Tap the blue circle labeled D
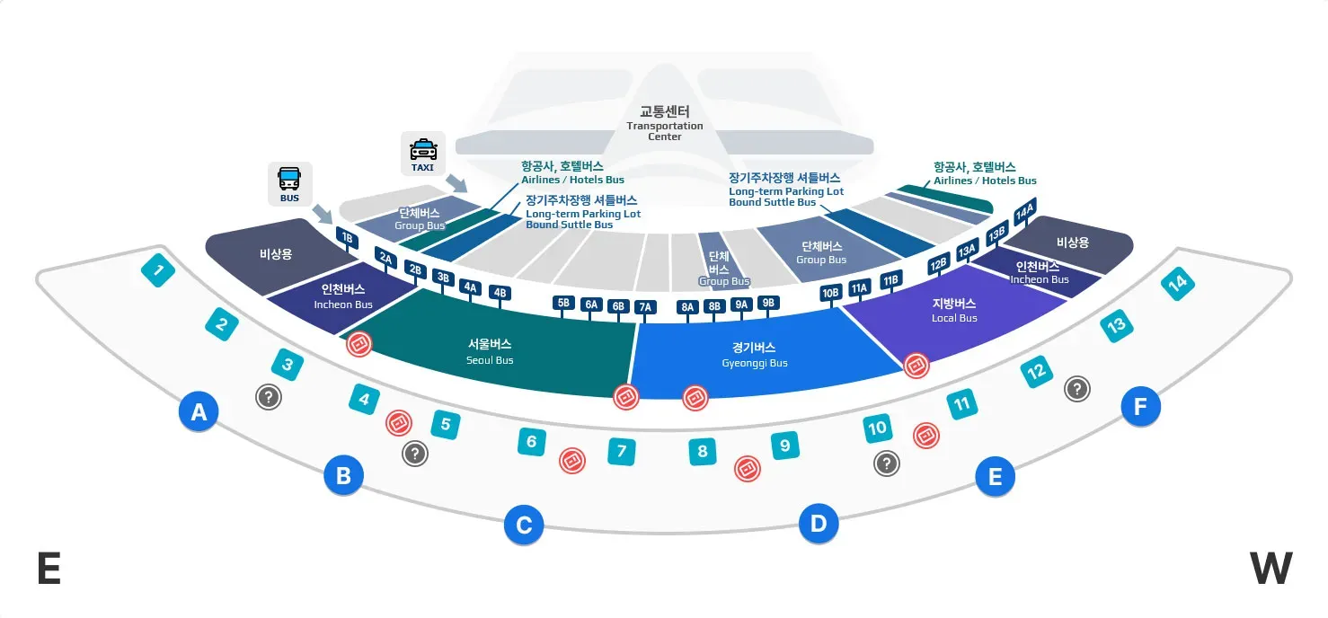819,523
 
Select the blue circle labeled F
1140,407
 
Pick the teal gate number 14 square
1177,283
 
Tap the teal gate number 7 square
621,451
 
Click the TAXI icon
422,154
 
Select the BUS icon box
289,183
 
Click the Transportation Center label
665,124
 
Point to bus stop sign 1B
346,237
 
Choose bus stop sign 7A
644,307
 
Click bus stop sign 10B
830,293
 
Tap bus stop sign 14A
1024,214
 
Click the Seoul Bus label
490,351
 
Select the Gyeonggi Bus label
754,355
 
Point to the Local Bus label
954,310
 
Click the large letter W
1270,569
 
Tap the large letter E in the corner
49,569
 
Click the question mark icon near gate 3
268,396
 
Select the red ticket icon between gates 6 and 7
572,461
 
